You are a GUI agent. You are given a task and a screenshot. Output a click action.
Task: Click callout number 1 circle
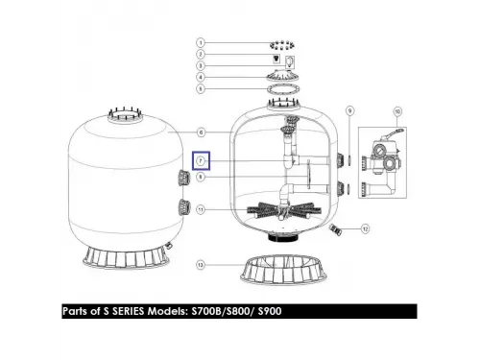(201, 43)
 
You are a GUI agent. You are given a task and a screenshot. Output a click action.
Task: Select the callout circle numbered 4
(201, 77)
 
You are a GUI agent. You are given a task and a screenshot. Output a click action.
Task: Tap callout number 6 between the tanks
(201, 132)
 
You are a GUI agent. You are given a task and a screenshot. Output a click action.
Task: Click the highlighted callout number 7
(201, 160)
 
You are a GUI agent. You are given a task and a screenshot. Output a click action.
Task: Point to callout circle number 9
(349, 111)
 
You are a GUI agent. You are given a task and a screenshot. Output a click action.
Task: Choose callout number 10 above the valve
(397, 111)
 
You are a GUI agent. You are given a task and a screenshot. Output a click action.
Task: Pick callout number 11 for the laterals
(201, 210)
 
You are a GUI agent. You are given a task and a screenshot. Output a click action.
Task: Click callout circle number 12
(365, 228)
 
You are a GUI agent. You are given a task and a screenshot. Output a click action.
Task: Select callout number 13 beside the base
(201, 265)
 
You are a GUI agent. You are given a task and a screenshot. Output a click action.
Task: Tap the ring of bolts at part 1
(282, 45)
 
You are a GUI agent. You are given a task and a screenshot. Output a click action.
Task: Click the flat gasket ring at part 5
(283, 88)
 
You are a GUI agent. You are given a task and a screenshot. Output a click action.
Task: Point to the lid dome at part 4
(283, 76)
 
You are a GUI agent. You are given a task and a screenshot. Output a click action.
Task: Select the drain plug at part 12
(334, 228)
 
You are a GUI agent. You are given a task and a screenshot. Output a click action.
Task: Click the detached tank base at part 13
(284, 271)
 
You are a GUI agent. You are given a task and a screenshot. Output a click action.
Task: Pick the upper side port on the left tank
(184, 179)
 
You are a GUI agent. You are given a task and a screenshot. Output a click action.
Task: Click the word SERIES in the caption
(128, 311)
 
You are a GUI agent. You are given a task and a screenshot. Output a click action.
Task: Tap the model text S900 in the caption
(270, 311)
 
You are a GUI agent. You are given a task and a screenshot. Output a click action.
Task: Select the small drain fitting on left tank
(168, 246)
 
